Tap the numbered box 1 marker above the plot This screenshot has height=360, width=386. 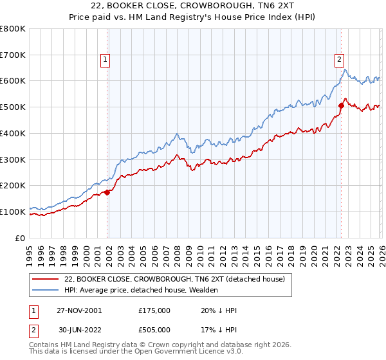pos(106,60)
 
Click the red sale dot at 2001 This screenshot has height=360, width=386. pos(107,192)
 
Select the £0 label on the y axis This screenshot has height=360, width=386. pos(21,238)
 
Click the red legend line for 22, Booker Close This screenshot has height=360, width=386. pos(46,279)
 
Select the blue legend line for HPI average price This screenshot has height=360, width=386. pos(46,290)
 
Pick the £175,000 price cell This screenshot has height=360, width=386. pos(154,310)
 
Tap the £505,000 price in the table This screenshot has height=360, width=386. pos(154,331)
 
